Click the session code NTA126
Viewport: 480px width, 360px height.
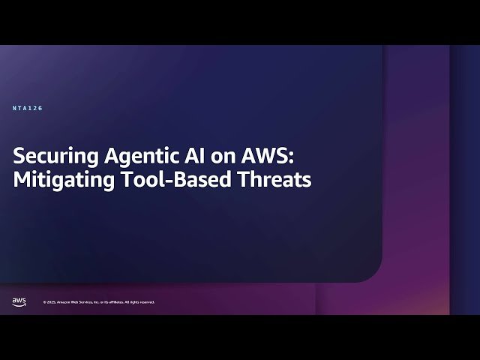click(x=28, y=109)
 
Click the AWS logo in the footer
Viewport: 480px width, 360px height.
click(x=19, y=301)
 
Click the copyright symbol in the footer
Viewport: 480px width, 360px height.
click(x=44, y=302)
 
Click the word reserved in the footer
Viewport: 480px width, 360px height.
click(x=147, y=302)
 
